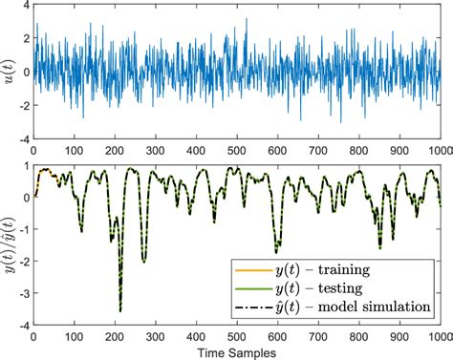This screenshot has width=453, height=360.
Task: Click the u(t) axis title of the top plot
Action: pos(10,72)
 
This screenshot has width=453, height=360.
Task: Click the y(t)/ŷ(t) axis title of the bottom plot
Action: pos(10,244)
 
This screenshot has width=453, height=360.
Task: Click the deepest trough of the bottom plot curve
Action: pos(120,310)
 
